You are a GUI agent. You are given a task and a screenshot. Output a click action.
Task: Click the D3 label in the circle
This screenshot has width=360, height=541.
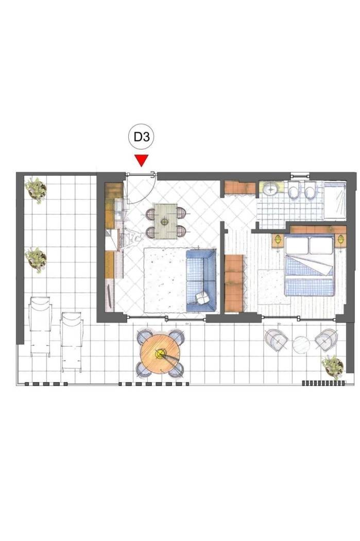(x=142, y=138)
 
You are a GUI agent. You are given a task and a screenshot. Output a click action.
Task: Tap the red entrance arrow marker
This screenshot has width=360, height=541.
(x=142, y=161)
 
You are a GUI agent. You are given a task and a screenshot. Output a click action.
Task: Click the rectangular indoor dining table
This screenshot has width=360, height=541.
(x=165, y=221)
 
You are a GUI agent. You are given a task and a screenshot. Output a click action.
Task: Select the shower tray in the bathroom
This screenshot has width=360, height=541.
(x=334, y=200)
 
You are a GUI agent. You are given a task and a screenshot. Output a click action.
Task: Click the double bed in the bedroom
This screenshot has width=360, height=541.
(x=310, y=265)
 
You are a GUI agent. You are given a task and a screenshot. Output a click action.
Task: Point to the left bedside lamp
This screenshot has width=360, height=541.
(x=278, y=239)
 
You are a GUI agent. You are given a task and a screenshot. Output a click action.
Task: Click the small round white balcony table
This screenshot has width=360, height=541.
(x=301, y=345)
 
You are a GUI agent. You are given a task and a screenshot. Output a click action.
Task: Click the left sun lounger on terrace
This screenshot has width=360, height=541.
(x=40, y=326)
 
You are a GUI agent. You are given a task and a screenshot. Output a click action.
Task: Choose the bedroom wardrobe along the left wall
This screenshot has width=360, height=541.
(x=234, y=283)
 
